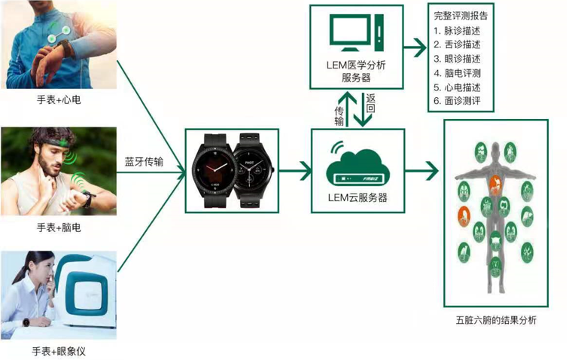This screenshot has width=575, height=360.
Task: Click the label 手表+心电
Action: [x=58, y=99]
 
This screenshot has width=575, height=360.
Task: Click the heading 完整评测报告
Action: [x=460, y=14]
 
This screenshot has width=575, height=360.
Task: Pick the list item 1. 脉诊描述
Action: [x=458, y=31]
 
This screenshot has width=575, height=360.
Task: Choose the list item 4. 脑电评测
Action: [x=458, y=73]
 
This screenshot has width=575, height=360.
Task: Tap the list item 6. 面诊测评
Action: [x=458, y=101]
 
